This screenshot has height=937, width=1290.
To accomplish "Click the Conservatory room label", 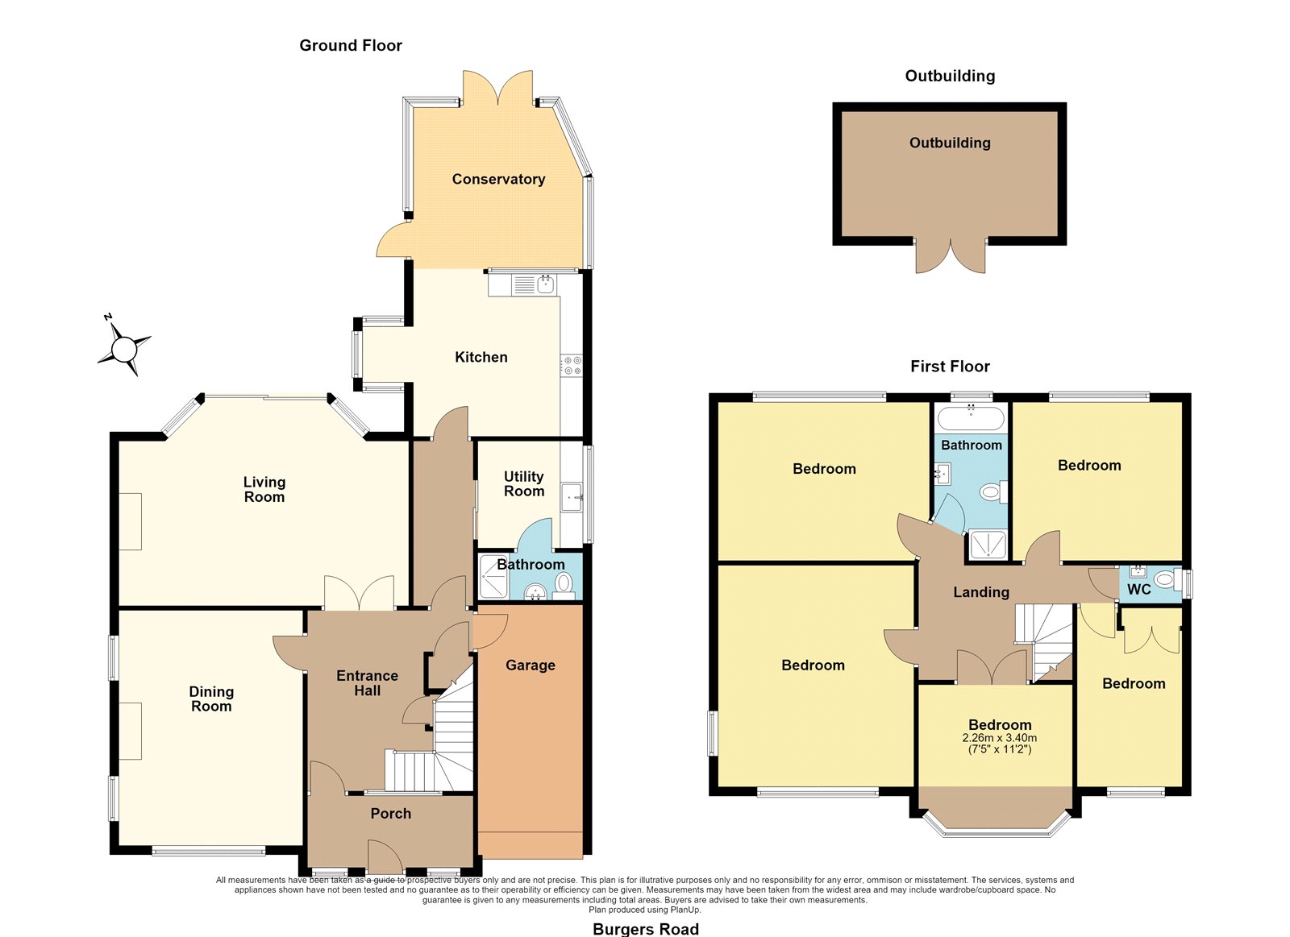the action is [498, 179].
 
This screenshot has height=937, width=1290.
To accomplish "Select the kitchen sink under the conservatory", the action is [545, 283].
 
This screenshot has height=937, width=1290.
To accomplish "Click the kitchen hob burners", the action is [572, 366].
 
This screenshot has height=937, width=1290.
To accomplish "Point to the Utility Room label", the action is [523, 483].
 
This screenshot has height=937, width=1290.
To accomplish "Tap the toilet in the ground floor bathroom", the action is [564, 584].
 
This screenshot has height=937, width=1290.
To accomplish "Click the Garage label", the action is [531, 665].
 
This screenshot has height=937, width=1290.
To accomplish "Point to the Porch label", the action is [390, 813].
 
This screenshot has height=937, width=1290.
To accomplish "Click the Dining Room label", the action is [211, 699].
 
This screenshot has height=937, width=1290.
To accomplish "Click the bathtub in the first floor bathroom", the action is [971, 417].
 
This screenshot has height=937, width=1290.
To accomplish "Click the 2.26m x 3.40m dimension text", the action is [999, 737].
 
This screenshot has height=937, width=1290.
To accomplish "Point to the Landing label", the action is [981, 591].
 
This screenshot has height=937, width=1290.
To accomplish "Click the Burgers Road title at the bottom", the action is [646, 929].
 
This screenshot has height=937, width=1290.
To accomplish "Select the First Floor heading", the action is [950, 366].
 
